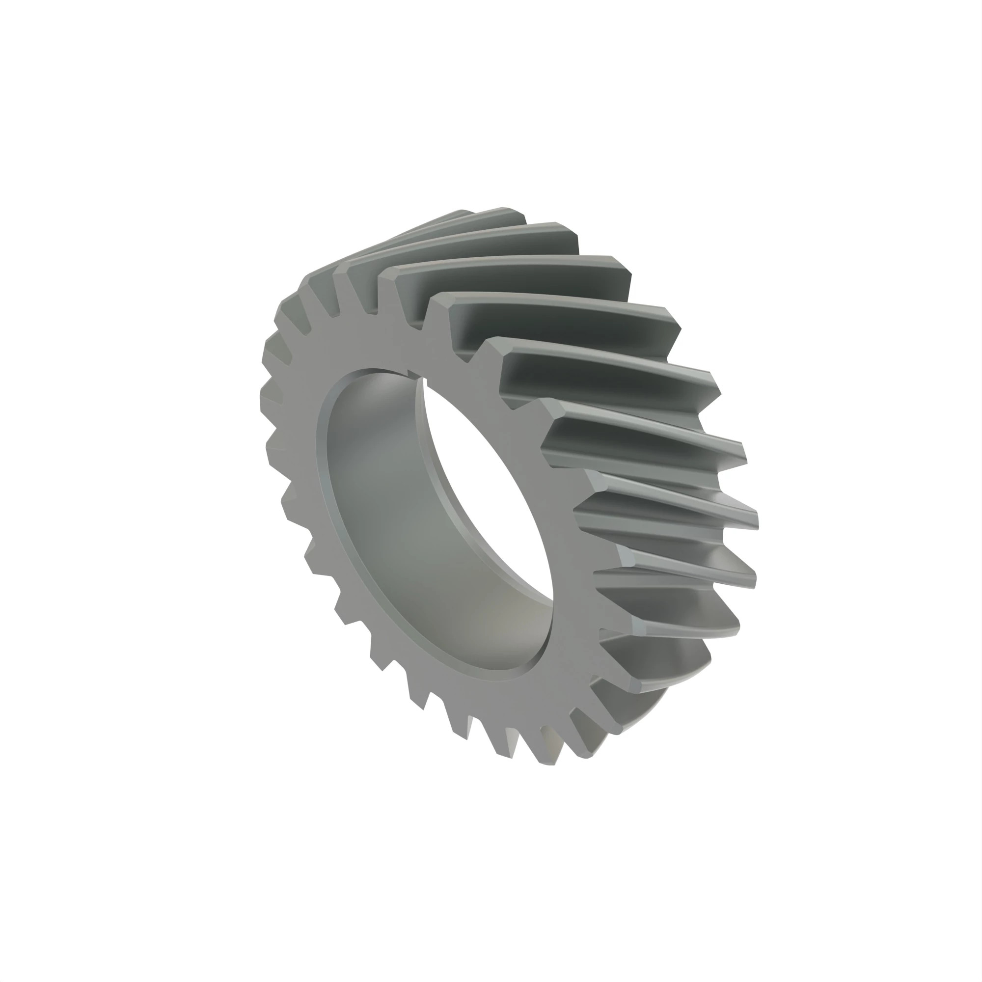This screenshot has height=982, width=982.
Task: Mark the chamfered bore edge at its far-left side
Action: pos(321,458)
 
